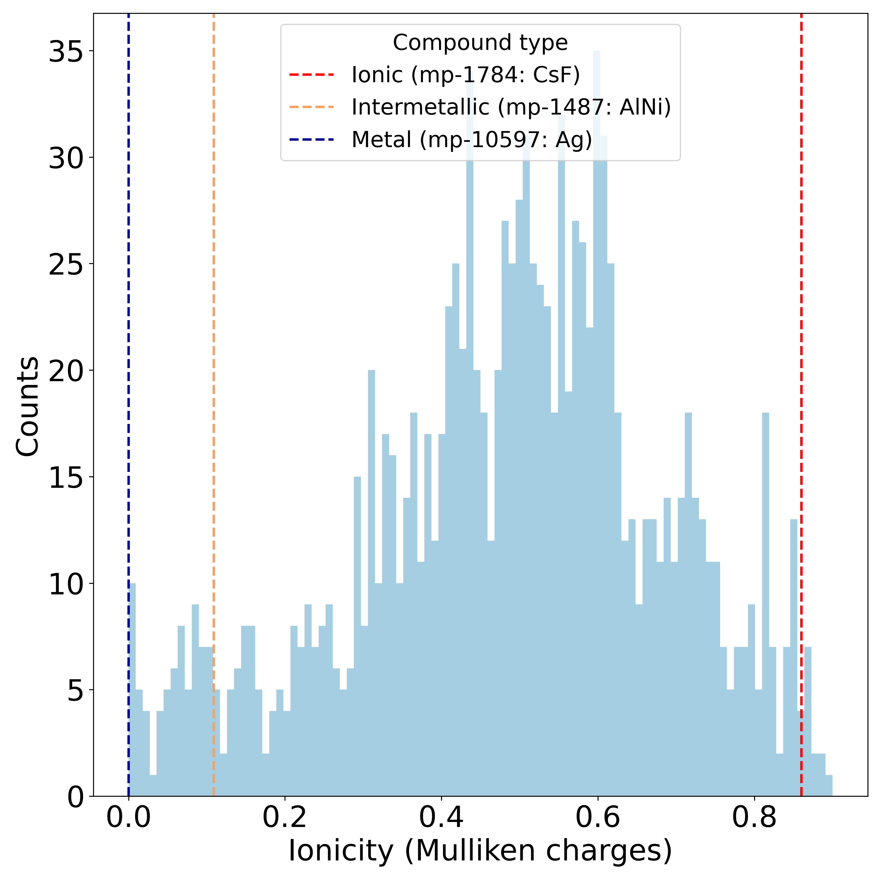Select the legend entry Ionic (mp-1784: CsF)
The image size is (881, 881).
point(465,75)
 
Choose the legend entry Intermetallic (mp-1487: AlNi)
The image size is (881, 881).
point(511,107)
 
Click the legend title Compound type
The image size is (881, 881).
point(480,43)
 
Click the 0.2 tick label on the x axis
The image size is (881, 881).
point(285,817)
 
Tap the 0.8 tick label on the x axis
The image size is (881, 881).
point(754,817)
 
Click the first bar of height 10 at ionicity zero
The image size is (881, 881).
point(132,684)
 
